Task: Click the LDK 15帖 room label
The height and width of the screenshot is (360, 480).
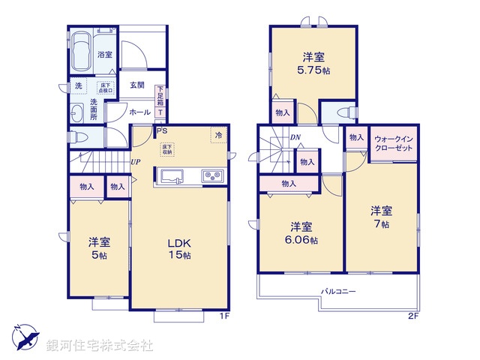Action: point(179,248)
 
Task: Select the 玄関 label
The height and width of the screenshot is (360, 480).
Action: point(136,85)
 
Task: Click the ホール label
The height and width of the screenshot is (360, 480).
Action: point(139,112)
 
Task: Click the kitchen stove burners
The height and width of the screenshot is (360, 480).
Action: point(211,177)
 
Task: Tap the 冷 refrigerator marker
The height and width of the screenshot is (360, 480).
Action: point(218,135)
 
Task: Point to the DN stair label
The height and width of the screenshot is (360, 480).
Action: point(295,137)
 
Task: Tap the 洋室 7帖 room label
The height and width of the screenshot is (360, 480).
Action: point(380,217)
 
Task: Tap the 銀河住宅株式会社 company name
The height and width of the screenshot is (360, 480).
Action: point(100,346)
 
